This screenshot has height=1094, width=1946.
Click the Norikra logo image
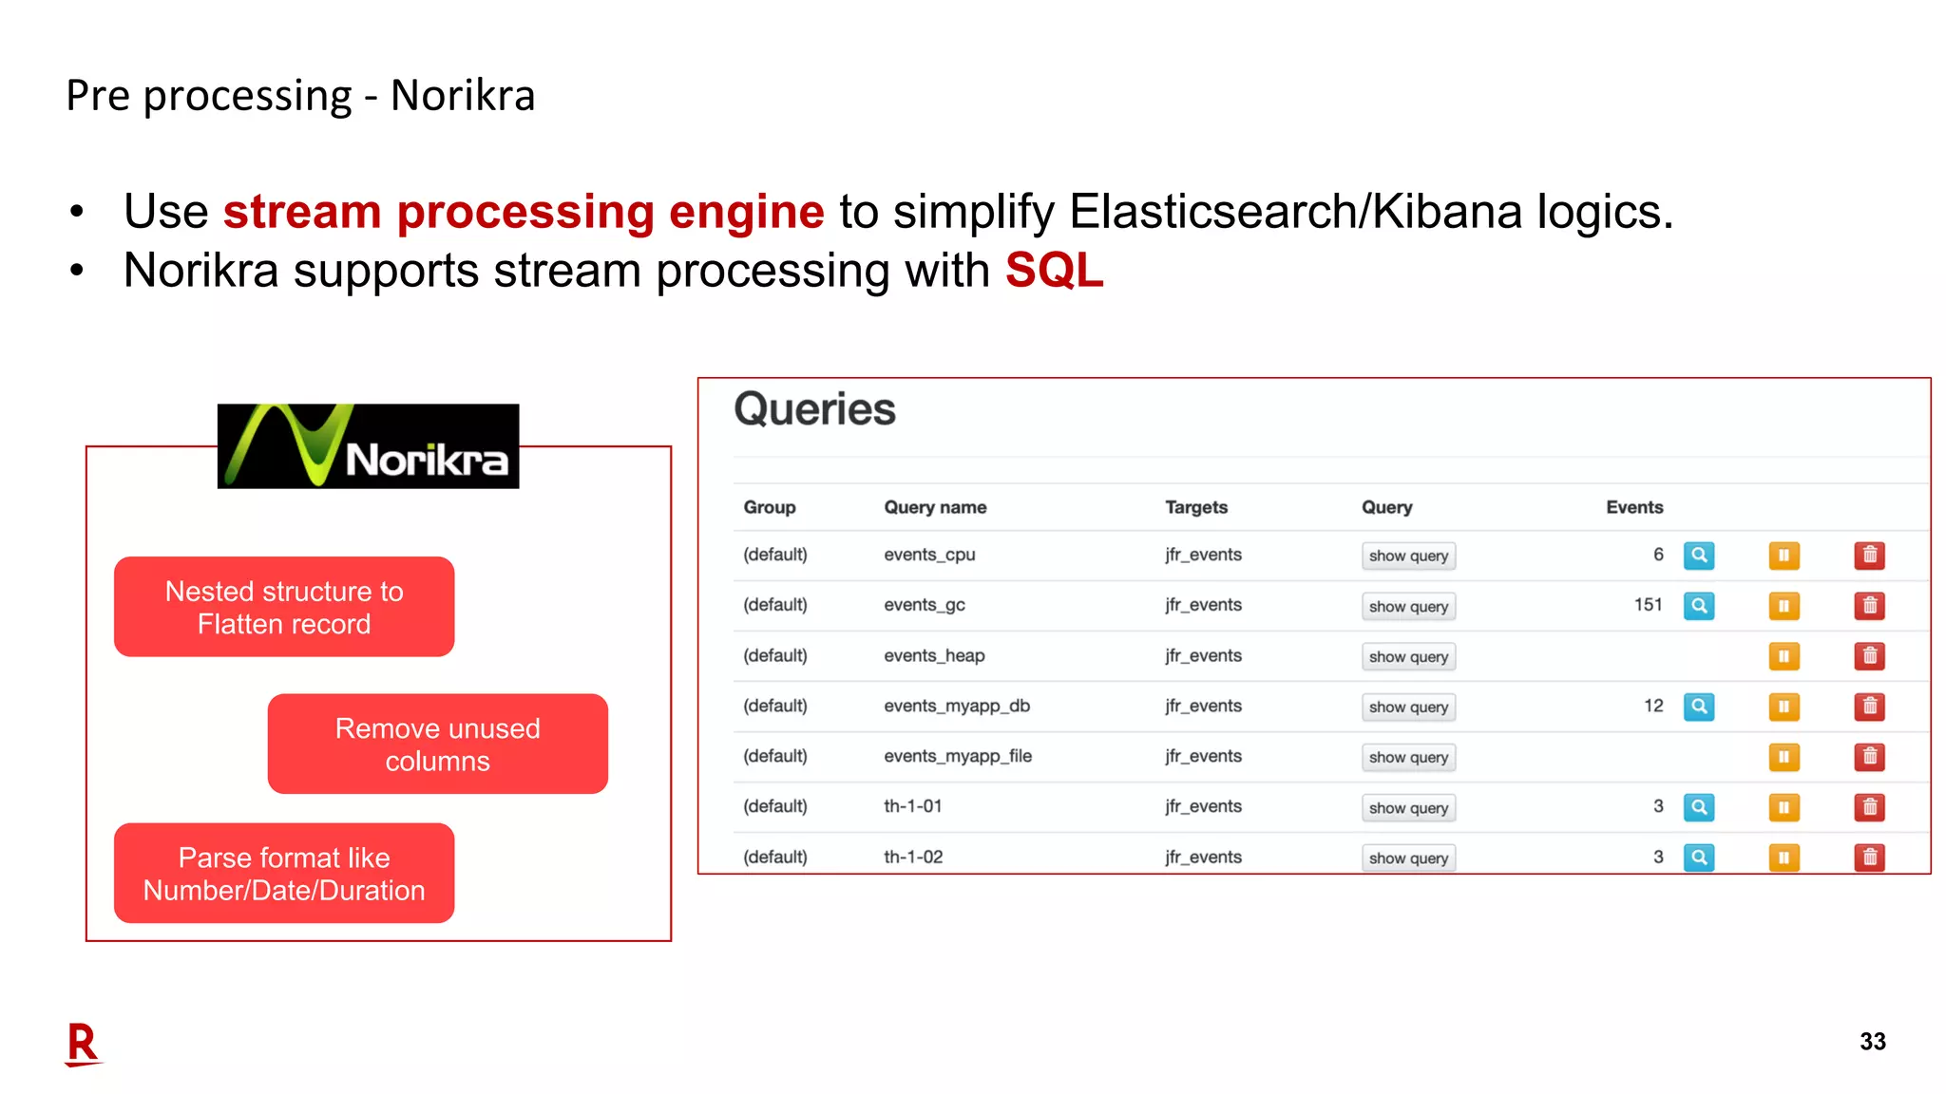(368, 446)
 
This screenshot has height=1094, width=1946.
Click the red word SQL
(1054, 271)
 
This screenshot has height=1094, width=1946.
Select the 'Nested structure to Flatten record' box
(284, 607)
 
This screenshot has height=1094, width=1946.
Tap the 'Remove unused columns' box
(437, 745)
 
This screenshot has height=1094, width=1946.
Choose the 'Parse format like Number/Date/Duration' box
(284, 874)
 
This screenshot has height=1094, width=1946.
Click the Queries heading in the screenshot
(814, 410)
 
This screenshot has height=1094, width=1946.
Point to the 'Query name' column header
(935, 507)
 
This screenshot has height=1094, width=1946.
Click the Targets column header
(1196, 507)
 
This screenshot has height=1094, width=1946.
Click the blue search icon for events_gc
(1698, 606)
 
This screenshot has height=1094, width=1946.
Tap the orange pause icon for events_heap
(1784, 656)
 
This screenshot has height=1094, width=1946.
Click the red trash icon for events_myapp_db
(1869, 707)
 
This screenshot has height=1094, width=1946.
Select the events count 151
(1648, 605)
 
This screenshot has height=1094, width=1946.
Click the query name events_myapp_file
(958, 756)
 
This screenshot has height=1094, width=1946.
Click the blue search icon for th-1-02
(1698, 858)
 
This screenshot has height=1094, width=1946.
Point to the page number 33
(1872, 1042)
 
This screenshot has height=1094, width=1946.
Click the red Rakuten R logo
(83, 1045)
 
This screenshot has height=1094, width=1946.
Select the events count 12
(1653, 706)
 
